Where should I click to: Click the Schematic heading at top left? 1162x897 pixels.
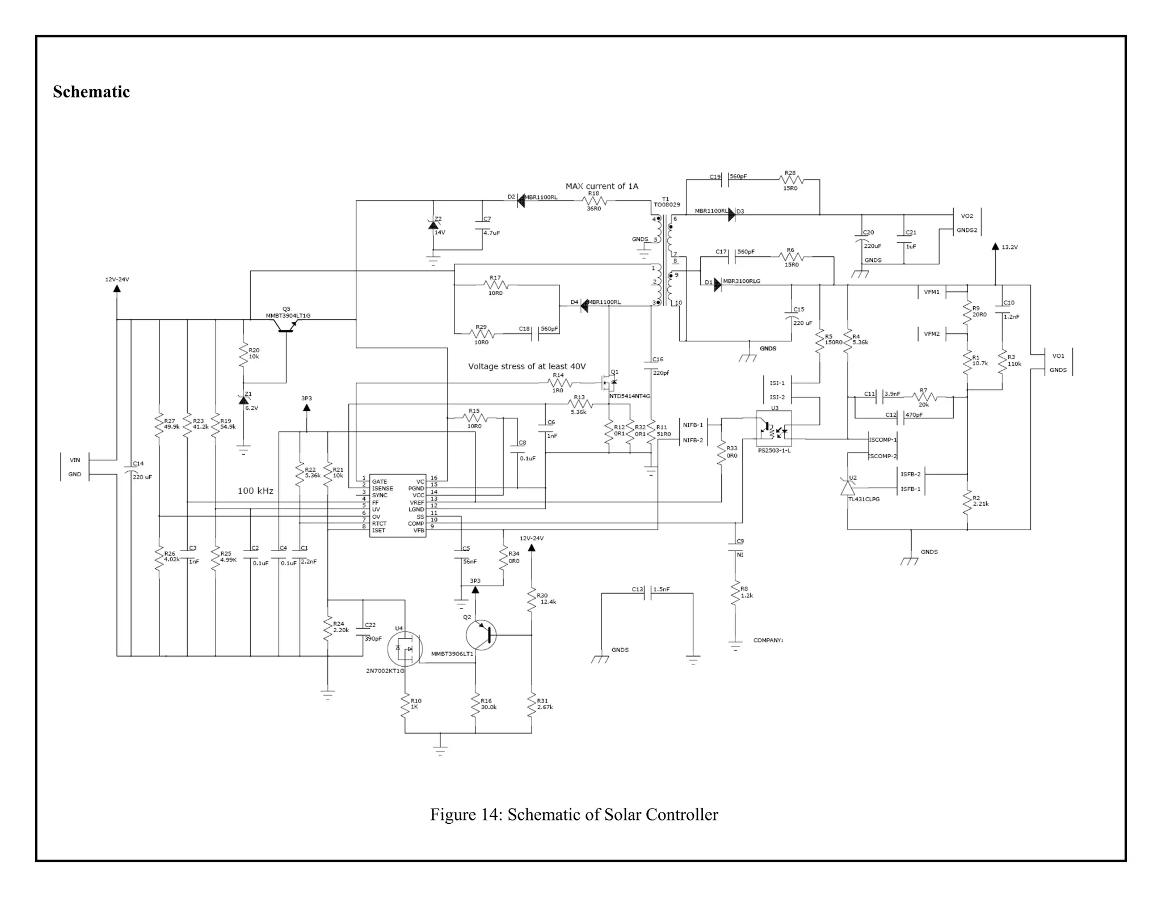[x=91, y=92]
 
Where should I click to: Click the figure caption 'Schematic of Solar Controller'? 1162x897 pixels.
[x=612, y=815]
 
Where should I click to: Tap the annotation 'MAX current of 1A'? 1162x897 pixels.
[x=601, y=186]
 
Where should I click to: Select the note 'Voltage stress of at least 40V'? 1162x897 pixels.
[x=527, y=366]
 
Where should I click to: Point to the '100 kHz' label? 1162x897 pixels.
[x=255, y=490]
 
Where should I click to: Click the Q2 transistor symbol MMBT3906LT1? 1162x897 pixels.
[x=481, y=635]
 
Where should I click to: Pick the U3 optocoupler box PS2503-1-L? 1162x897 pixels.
[x=773, y=426]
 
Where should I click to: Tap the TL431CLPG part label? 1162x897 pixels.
[x=864, y=499]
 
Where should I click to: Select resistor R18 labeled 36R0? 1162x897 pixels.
[x=594, y=201]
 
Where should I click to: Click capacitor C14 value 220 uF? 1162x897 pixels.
[x=142, y=477]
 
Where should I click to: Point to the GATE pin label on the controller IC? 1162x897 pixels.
[x=380, y=481]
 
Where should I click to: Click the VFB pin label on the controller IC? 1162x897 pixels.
[x=419, y=530]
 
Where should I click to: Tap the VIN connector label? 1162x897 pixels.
[x=75, y=460]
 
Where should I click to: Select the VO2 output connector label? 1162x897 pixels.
[x=967, y=216]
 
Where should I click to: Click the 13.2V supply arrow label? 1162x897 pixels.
[x=1009, y=247]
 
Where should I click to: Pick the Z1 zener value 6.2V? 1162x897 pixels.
[x=251, y=408]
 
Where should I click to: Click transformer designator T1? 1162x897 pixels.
[x=665, y=199]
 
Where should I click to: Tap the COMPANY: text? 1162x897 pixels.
[x=768, y=640]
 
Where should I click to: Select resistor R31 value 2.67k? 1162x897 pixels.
[x=545, y=707]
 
